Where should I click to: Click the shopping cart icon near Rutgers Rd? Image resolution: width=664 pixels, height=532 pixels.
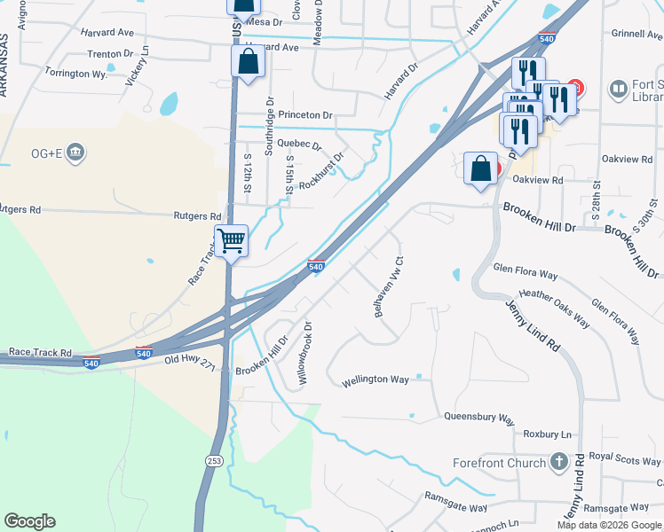coord(231,240)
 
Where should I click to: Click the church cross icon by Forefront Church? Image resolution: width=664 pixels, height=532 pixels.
coord(558,461)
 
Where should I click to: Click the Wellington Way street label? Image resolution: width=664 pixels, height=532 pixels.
coord(375,379)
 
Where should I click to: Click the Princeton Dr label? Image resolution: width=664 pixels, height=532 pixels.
coord(304,115)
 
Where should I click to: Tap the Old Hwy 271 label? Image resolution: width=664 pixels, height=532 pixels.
coord(190,361)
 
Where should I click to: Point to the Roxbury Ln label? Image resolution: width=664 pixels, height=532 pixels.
coord(548,434)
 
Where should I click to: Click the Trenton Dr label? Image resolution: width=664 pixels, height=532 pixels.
coord(110,54)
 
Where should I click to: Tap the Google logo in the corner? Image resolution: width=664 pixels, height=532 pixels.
coord(29,521)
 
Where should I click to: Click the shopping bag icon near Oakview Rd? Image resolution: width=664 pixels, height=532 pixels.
coord(480,169)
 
